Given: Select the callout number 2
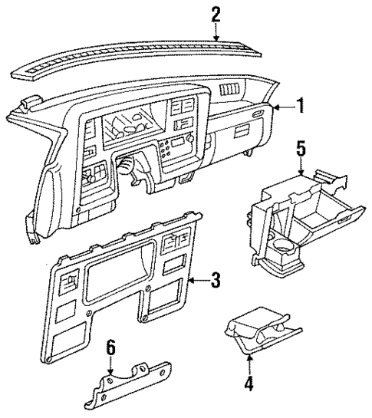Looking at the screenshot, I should [216, 13].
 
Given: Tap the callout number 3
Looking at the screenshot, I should [216, 281].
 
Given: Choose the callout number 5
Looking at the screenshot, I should [302, 147].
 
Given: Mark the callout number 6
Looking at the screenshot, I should [110, 349].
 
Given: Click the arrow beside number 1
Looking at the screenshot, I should [284, 107].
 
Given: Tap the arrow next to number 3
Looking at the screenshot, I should [198, 282].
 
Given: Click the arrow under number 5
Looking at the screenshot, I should [302, 166].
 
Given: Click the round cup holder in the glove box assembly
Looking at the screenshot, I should [284, 248].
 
